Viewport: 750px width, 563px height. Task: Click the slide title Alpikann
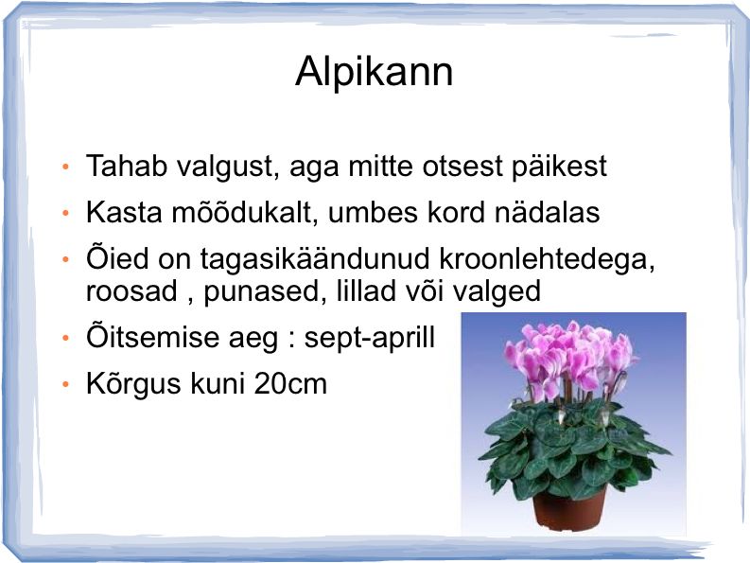374,72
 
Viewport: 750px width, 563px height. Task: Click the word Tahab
127,166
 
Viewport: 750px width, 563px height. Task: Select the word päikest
559,167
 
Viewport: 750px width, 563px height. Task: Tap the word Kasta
124,212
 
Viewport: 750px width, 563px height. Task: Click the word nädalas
548,211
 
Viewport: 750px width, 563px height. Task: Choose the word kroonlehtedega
547,259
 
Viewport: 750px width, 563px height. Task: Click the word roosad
131,291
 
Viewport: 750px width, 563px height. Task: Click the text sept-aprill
370,338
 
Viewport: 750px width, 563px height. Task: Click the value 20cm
290,384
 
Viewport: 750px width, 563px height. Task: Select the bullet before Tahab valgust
66,167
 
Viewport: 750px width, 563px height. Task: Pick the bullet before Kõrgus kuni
66,384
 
